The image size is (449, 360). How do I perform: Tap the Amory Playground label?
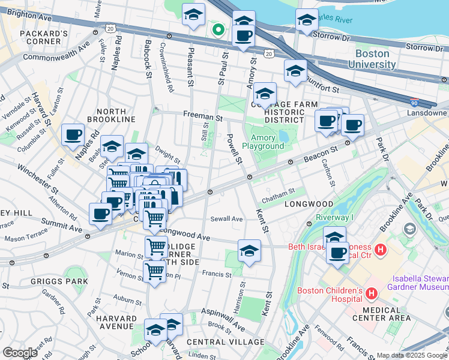263,142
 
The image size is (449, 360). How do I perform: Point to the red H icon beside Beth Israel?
379,248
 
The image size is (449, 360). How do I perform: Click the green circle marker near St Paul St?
219,29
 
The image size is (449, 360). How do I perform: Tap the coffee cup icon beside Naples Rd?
73,135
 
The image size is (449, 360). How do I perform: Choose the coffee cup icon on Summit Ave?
100,214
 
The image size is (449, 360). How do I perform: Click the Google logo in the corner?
20,353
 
